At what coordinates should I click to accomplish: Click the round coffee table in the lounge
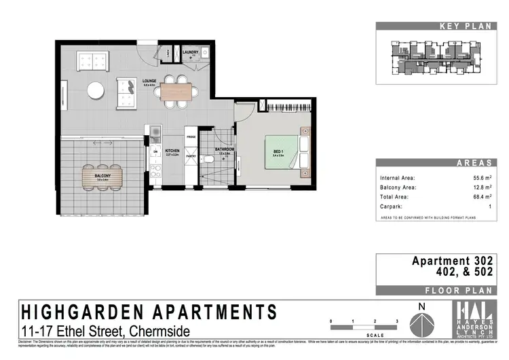(x=96, y=90)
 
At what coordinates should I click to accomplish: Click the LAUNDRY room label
(x=191, y=51)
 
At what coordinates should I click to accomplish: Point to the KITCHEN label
(x=172, y=152)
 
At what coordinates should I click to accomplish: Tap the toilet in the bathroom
(x=212, y=159)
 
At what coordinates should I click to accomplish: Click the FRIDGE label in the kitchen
(x=192, y=137)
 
